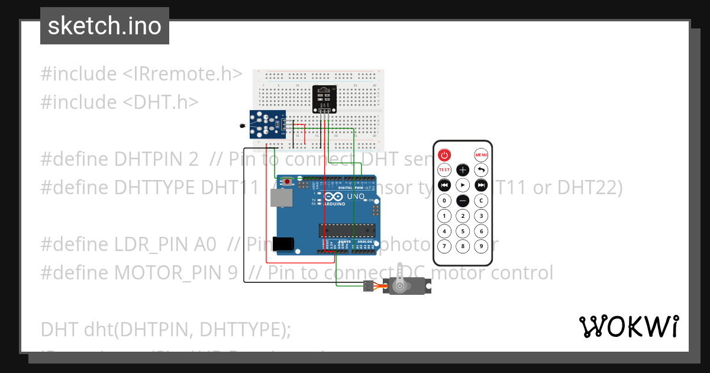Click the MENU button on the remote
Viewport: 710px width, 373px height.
[481, 155]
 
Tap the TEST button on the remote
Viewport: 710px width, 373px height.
[444, 170]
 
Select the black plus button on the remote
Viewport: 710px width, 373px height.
[463, 170]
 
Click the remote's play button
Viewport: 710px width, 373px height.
[463, 185]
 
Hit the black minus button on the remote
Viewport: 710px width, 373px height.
[463, 201]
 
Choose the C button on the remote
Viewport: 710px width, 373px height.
[482, 201]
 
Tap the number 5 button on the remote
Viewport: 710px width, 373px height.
[463, 231]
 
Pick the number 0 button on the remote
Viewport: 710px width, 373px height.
[444, 201]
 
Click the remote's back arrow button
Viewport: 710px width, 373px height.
[482, 170]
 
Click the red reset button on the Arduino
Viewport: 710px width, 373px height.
[288, 181]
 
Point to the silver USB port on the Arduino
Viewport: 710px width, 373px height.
[280, 198]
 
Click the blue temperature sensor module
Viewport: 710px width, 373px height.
[266, 124]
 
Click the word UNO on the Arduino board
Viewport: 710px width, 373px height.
[356, 196]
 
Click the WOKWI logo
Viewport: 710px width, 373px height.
[628, 326]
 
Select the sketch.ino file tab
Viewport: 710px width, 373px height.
[105, 26]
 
